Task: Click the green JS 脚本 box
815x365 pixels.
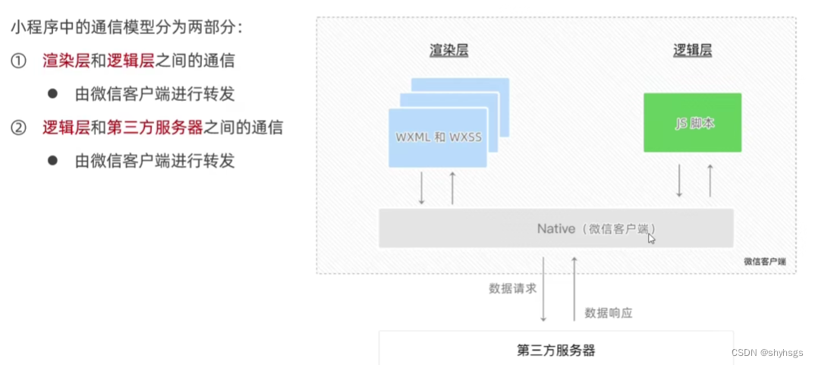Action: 692,121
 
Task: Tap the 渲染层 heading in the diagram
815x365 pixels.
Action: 448,51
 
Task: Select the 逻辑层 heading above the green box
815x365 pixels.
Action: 692,51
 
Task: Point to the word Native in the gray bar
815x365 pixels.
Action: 555,228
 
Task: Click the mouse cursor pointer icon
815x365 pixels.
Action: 651,238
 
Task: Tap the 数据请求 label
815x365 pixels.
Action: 513,288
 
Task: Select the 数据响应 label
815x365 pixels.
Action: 609,312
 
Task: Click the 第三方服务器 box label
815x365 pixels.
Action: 555,350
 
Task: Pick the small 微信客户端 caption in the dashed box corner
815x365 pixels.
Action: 764,261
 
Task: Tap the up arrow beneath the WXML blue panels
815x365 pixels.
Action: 452,188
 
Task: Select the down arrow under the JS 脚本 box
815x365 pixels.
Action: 680,181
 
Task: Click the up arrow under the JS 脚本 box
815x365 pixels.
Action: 710,181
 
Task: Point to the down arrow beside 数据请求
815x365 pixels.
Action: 544,288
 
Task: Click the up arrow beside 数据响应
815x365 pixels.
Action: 574,288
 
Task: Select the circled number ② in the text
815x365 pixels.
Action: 18,127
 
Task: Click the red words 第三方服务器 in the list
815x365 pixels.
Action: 155,127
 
